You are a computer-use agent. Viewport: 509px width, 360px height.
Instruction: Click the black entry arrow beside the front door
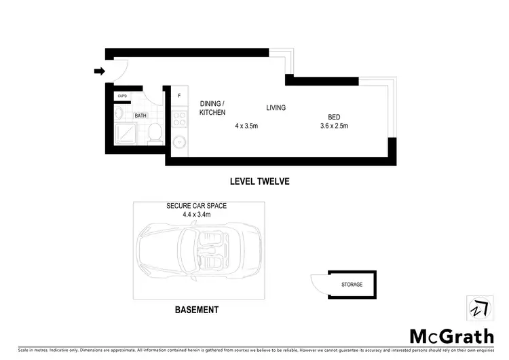(99, 71)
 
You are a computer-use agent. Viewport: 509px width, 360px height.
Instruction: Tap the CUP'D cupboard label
(122, 96)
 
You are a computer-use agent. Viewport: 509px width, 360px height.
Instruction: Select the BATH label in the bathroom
(140, 115)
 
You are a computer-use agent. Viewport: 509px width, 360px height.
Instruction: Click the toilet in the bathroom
(154, 130)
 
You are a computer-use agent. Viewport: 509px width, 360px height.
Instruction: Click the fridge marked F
(179, 96)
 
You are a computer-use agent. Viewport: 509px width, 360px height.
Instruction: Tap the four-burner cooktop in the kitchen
(180, 119)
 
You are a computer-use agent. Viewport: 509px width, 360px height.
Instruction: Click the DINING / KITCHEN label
(212, 108)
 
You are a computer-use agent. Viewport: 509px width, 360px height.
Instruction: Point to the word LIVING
(276, 107)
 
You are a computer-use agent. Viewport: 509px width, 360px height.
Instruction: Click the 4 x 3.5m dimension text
(246, 126)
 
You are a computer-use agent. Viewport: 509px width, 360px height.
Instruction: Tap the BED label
(333, 115)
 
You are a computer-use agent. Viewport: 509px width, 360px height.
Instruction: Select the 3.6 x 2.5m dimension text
(334, 126)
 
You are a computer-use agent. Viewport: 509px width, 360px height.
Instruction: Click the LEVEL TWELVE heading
(259, 181)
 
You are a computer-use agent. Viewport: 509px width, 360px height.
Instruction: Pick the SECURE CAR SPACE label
(197, 206)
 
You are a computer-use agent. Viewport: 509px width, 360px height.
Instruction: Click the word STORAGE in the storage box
(352, 285)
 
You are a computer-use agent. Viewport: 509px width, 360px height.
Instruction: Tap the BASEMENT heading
(197, 310)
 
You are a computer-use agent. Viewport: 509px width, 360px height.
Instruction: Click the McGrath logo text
(451, 336)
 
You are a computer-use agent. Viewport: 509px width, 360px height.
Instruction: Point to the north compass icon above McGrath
(479, 308)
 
